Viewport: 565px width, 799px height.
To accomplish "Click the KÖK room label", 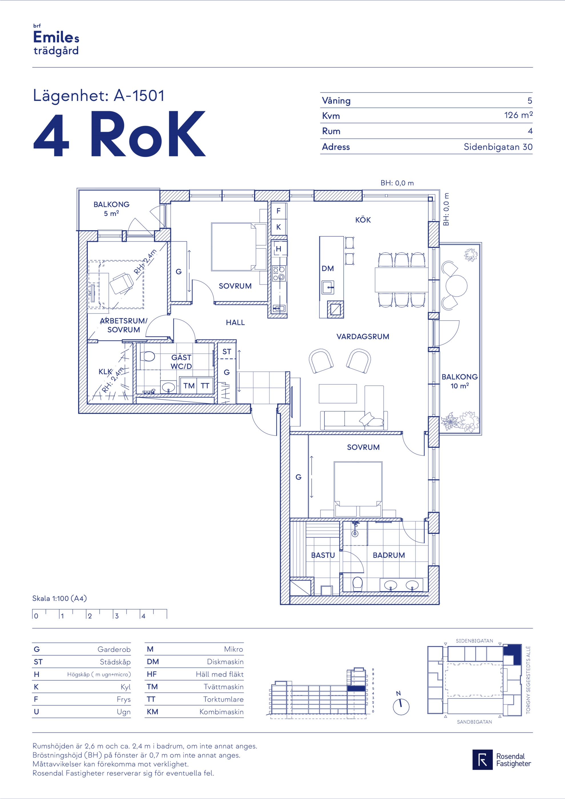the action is click(363, 220).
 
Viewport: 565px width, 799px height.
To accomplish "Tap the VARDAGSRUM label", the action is click(363, 337).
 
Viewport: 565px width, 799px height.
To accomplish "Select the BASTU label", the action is click(323, 555).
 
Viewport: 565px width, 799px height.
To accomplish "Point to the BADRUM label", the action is click(389, 555).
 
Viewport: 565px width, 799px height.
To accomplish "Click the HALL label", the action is click(235, 323).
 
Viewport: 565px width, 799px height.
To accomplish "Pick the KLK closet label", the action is click(105, 372).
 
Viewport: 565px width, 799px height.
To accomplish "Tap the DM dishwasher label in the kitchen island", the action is click(328, 269).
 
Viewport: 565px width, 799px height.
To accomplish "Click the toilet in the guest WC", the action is click(148, 357).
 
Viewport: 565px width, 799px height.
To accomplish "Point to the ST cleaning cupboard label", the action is click(227, 352).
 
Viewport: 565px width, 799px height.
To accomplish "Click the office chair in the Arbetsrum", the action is click(122, 283).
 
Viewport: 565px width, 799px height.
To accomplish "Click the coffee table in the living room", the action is click(338, 394).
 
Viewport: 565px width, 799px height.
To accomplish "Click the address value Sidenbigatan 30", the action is click(498, 147).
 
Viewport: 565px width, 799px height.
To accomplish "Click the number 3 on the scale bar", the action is click(117, 616).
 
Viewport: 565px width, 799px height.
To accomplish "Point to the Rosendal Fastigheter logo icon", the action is click(483, 760).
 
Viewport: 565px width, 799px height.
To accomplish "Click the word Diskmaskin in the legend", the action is click(225, 662).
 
